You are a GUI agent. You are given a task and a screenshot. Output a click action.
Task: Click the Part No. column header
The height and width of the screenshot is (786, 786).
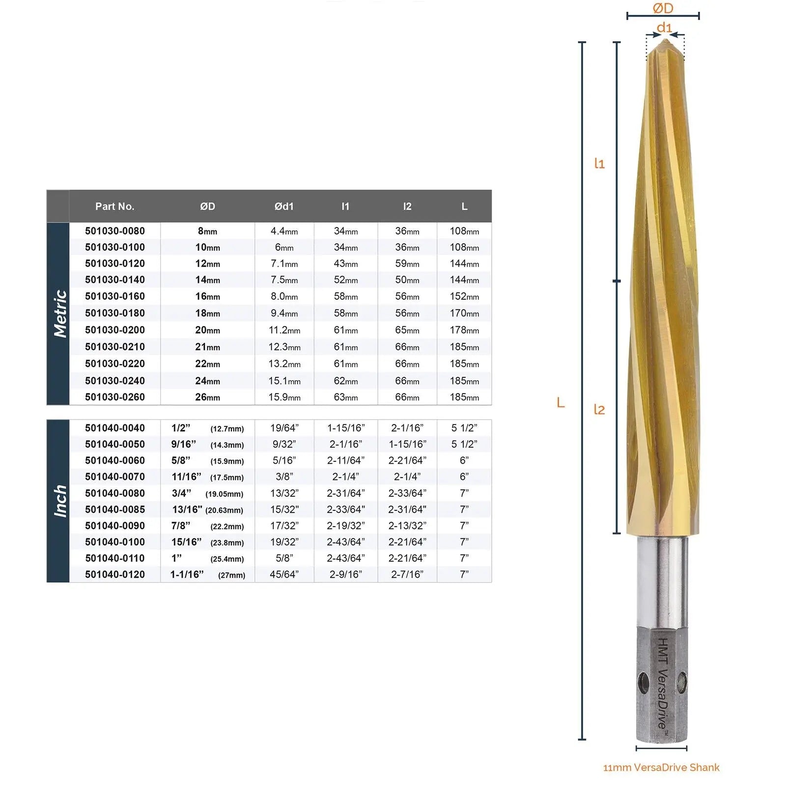click(x=114, y=206)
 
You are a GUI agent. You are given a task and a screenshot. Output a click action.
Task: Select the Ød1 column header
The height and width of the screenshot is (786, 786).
click(x=284, y=206)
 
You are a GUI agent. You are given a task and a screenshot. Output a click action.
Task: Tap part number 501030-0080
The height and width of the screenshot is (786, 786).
click(x=115, y=231)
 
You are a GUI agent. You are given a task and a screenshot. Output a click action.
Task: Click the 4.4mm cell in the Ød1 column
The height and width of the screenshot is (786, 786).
click(x=284, y=231)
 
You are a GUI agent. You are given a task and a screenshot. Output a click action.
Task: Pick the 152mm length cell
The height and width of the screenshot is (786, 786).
click(x=464, y=296)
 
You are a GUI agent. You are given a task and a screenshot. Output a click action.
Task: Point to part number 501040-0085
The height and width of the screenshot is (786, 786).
click(x=115, y=509)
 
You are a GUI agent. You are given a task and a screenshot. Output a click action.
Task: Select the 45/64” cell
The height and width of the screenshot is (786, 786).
click(x=284, y=574)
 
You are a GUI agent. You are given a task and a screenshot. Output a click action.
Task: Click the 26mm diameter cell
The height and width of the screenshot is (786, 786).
click(x=207, y=397)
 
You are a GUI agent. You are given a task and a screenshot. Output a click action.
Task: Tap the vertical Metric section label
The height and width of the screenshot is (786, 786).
click(x=60, y=313)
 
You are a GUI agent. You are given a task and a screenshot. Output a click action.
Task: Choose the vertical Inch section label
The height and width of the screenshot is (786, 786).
click(x=60, y=501)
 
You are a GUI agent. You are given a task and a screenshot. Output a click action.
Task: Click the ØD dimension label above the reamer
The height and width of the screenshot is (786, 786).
click(x=663, y=8)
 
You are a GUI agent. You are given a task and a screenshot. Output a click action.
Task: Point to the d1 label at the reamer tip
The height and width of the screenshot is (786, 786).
click(x=664, y=28)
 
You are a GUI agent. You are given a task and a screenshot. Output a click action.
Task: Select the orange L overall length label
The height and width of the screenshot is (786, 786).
click(x=561, y=403)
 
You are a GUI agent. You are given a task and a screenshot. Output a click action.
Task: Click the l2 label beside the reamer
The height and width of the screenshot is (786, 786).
click(x=599, y=409)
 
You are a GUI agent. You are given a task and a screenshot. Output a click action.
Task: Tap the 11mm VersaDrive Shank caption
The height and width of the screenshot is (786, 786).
click(x=661, y=767)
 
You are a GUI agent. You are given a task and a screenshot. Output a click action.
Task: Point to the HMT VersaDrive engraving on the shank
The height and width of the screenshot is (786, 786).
click(x=663, y=683)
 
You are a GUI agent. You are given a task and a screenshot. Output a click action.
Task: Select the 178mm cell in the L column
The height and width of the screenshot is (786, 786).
click(x=464, y=330)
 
